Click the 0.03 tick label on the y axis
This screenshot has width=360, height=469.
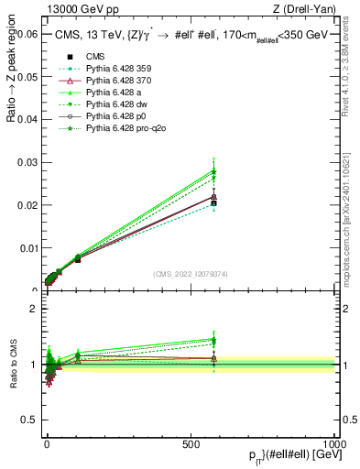click(x=27, y=162)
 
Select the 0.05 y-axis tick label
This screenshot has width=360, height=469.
click(x=27, y=76)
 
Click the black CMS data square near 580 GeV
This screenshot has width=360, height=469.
click(x=213, y=203)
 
